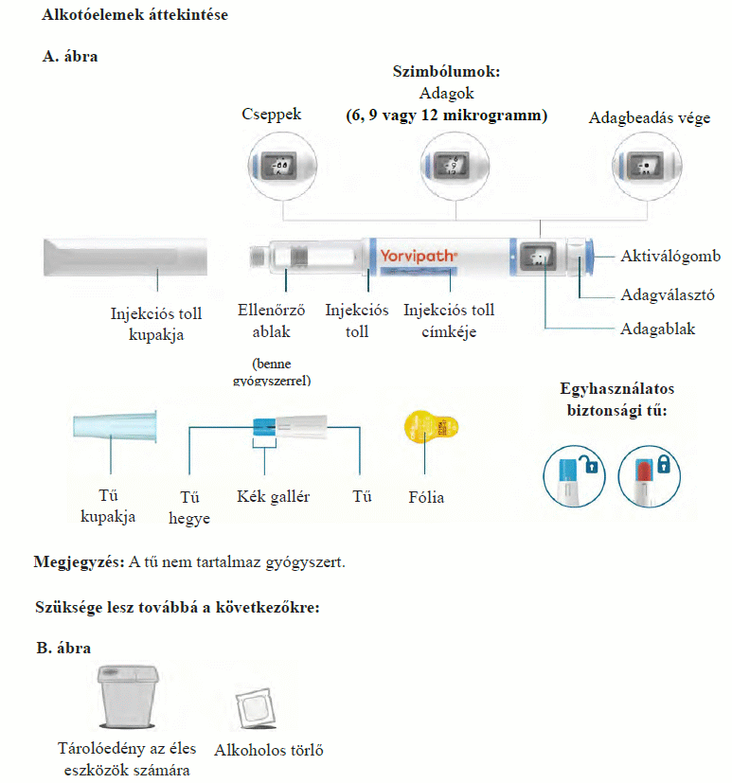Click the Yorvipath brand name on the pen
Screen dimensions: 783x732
(x=419, y=256)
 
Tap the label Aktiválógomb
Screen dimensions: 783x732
(x=670, y=257)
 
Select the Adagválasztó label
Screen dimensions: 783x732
(x=667, y=294)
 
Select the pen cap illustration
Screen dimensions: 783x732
(x=125, y=258)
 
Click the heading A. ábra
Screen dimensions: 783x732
(x=70, y=57)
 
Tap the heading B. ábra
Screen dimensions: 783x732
(x=63, y=649)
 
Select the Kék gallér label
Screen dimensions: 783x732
(x=274, y=496)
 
